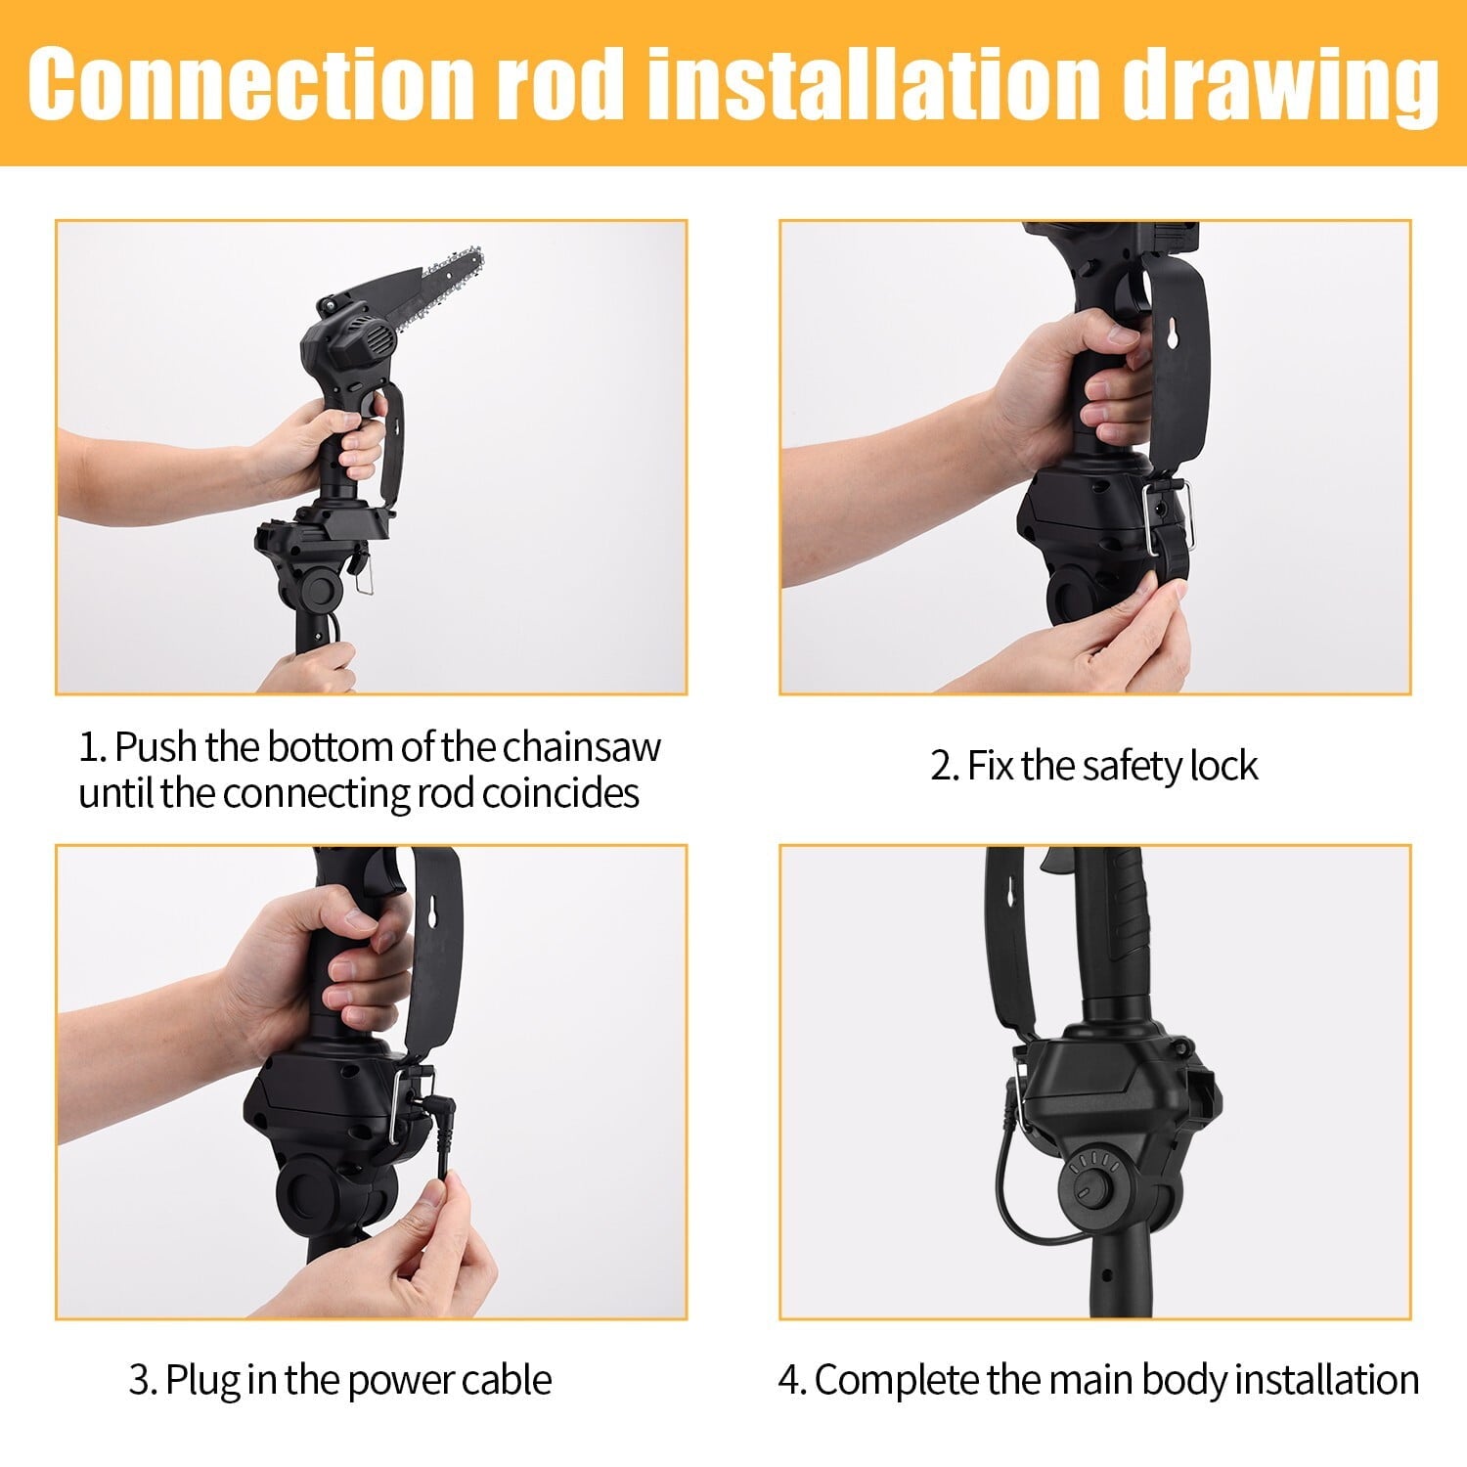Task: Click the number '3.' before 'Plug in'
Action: point(143,1380)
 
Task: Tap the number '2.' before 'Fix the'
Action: point(944,766)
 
